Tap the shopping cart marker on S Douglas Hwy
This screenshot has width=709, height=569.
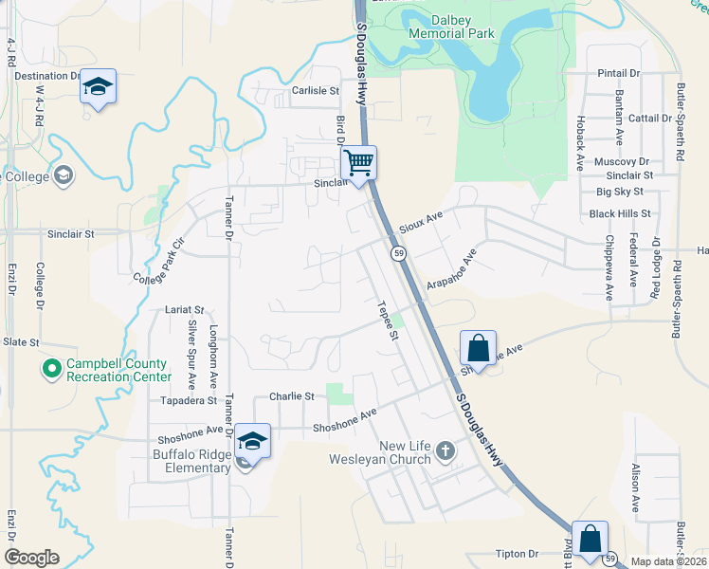(359, 163)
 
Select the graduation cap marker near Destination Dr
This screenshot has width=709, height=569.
(98, 87)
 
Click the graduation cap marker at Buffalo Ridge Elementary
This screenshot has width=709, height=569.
(253, 441)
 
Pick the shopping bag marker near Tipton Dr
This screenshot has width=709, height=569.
(591, 540)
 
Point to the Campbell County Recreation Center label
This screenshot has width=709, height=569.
(117, 370)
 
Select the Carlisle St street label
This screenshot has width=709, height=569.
(315, 91)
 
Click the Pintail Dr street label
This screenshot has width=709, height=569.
(619, 73)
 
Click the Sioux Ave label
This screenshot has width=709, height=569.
(421, 223)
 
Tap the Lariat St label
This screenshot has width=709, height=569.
(184, 309)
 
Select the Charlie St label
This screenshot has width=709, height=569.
(291, 396)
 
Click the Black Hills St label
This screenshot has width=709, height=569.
(620, 214)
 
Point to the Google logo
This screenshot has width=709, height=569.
(31, 558)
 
